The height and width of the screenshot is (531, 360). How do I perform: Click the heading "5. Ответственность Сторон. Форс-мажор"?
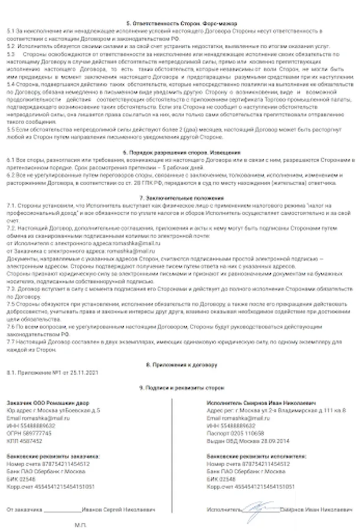[179, 22]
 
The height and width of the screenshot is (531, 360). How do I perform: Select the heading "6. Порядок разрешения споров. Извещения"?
[179, 152]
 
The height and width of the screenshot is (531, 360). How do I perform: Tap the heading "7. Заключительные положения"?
[179, 198]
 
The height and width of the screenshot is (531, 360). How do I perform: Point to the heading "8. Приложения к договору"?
[179, 363]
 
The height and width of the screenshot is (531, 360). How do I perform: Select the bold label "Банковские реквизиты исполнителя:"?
[256, 456]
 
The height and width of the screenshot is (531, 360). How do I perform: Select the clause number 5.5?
[10, 128]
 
